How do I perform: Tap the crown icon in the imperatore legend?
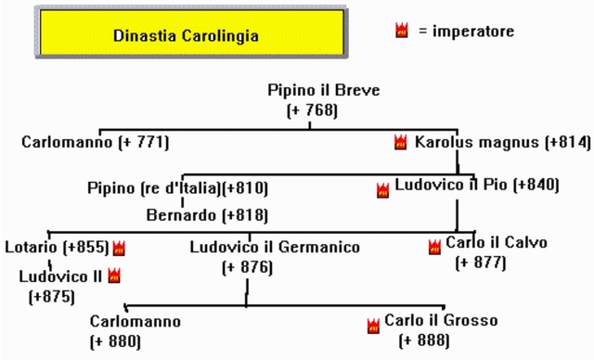pyautogui.click(x=402, y=31)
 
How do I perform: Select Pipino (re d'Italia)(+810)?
pyautogui.click(x=178, y=188)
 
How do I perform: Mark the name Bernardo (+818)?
pyautogui.click(x=207, y=215)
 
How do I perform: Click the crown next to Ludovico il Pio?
pyautogui.click(x=382, y=191)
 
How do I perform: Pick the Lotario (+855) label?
pyautogui.click(x=57, y=248)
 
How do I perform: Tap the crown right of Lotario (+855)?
pyautogui.click(x=119, y=248)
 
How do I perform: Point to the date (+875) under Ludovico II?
pyautogui.click(x=52, y=297)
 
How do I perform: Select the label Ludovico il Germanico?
pyautogui.click(x=275, y=248)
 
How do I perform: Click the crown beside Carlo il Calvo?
pyautogui.click(x=434, y=247)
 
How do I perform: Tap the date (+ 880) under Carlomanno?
pyautogui.click(x=114, y=341)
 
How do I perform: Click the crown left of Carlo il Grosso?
pyautogui.click(x=374, y=325)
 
